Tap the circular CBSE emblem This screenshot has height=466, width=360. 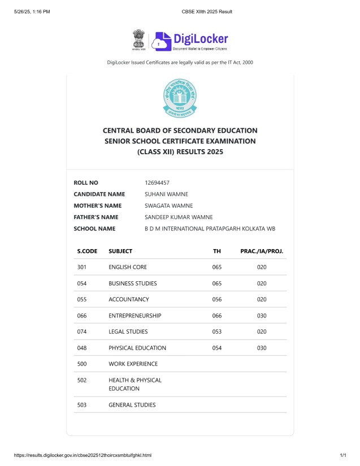pos(180,98)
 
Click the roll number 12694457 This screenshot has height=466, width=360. pos(157,182)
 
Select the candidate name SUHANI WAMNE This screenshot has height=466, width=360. pos(167,194)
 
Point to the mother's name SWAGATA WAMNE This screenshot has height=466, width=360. pos(168,206)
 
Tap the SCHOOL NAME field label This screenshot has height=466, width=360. pos(94,229)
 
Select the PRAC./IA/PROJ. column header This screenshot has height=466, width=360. pos(262,251)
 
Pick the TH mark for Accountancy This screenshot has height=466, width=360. pos(217,299)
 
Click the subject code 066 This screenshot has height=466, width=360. pos(82,316)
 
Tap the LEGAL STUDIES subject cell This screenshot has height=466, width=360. pos(128,332)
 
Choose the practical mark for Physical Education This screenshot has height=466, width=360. pos(262,348)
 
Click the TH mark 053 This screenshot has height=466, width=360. pos(217,332)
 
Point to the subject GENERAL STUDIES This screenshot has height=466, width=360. pos(132,404)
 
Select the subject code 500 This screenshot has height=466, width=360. pos(82,364)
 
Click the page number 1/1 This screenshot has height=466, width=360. pos(342,455)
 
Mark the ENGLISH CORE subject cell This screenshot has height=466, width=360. pos(128,267)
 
